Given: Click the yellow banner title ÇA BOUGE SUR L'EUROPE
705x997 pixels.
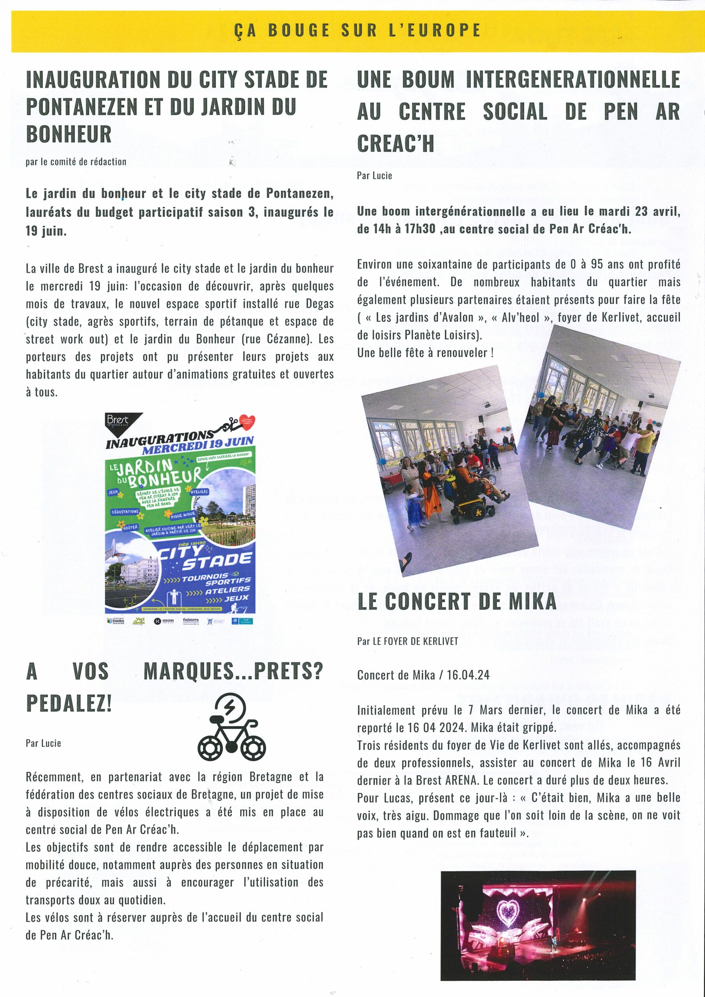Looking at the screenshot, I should coord(357,31).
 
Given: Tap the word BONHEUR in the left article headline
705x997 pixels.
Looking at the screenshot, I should coord(69,134).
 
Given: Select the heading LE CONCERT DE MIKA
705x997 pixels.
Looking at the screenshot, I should coord(456,601).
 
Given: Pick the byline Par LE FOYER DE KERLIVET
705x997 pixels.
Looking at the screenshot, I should coord(407,641).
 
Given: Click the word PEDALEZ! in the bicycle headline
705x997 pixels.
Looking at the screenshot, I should coord(69,702).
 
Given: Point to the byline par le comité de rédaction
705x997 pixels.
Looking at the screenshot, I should coord(76,162).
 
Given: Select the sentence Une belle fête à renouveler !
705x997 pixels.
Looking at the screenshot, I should coord(425,352).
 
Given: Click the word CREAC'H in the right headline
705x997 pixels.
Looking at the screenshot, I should coord(395,143).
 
